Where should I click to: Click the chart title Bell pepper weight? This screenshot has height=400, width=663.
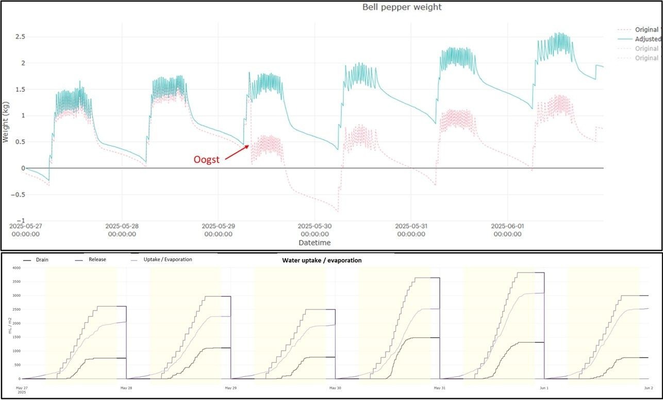402,7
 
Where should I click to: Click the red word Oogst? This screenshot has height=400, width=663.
206,159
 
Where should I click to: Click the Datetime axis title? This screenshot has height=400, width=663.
314,243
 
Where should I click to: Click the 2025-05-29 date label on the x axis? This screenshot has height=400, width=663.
218,230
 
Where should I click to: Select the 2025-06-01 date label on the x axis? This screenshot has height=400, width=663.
507,230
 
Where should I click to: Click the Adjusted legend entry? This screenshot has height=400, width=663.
647,39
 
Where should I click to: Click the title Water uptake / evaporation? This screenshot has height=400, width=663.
322,261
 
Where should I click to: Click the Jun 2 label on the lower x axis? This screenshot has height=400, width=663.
649,388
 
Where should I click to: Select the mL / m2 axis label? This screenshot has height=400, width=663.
9,324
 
